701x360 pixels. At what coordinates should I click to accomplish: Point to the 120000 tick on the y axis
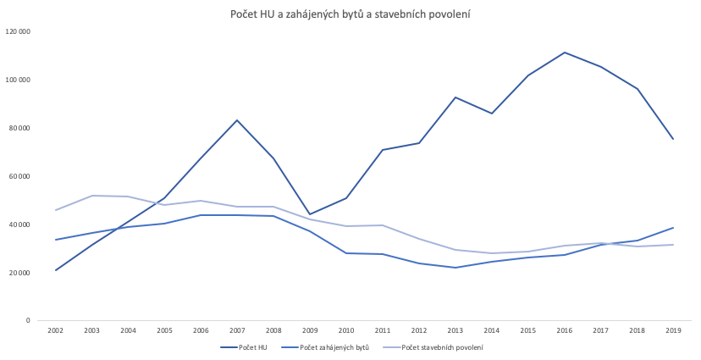[19, 31]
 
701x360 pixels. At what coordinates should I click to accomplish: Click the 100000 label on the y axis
[19, 80]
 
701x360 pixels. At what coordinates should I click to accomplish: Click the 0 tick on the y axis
[28, 321]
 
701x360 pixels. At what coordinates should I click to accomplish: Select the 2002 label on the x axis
[56, 331]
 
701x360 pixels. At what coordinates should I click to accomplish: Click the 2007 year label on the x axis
[238, 331]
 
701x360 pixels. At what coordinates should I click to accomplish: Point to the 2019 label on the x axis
[674, 331]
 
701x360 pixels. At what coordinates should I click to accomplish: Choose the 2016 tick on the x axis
[565, 331]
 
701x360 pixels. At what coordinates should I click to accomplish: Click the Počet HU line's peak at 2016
[565, 53]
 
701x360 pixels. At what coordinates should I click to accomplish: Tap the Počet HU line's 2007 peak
[238, 120]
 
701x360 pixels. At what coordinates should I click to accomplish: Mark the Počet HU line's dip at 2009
[310, 214]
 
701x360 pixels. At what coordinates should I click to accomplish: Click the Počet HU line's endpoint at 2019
[674, 139]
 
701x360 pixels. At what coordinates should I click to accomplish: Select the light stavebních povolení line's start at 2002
[56, 209]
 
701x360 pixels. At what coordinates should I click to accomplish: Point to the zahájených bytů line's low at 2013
[455, 268]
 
